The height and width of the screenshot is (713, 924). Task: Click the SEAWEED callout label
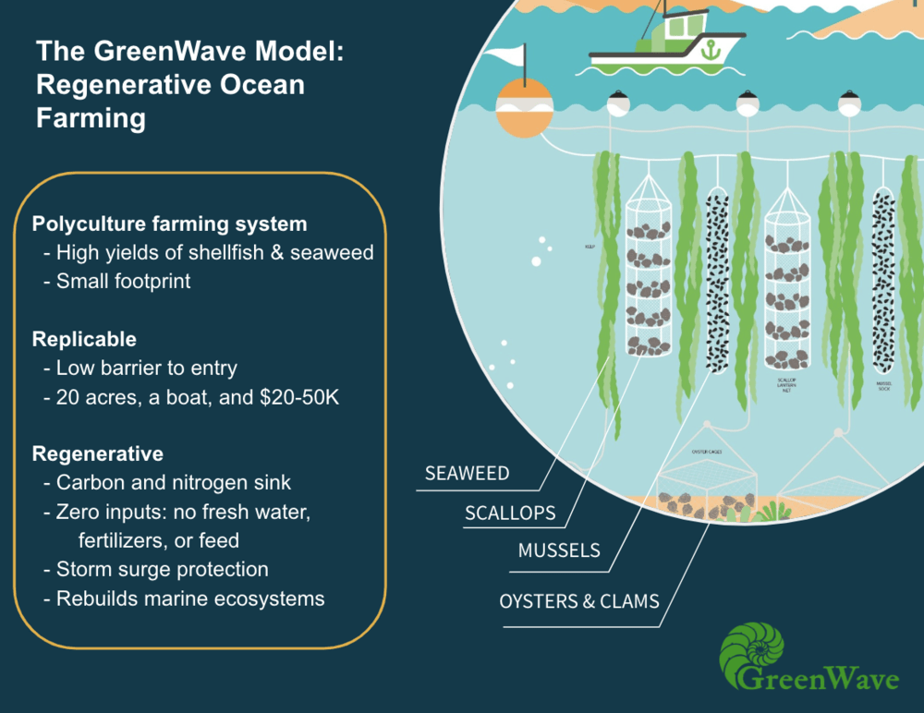(x=467, y=474)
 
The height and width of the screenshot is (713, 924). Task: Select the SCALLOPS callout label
(x=511, y=513)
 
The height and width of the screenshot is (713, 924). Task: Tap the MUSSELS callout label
(x=558, y=550)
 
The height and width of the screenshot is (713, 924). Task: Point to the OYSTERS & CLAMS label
(x=579, y=601)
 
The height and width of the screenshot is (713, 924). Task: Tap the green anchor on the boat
(x=709, y=51)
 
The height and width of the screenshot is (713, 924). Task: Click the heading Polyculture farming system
(x=169, y=224)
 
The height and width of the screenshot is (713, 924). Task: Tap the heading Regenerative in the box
(x=97, y=453)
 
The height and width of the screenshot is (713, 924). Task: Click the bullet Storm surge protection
(x=162, y=569)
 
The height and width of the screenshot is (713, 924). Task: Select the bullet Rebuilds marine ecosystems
(x=189, y=598)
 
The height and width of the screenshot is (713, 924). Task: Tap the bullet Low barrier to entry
(x=146, y=368)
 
